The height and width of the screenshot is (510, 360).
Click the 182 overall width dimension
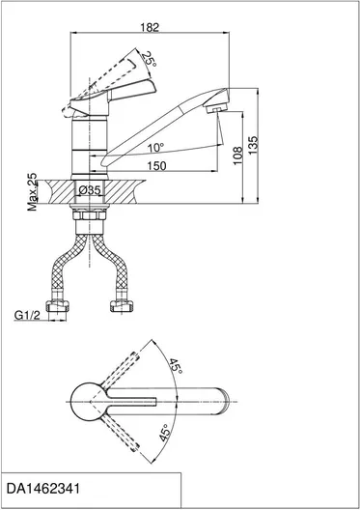pyautogui.click(x=150, y=28)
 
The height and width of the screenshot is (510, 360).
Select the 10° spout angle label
pyautogui.click(x=155, y=148)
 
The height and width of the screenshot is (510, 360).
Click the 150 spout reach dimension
pyautogui.click(x=156, y=166)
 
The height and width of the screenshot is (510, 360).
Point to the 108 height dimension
pyautogui.click(x=238, y=156)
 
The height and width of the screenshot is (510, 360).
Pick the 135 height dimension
pyautogui.click(x=253, y=145)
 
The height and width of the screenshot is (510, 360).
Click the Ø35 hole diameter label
pyautogui.click(x=90, y=190)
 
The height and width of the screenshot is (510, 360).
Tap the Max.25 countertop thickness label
pyautogui.click(x=33, y=191)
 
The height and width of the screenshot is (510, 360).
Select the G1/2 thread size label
pyautogui.click(x=27, y=315)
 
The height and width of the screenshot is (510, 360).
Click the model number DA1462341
pyautogui.click(x=42, y=489)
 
